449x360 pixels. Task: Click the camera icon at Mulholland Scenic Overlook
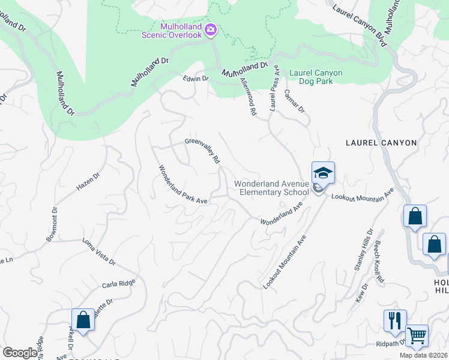pyautogui.click(x=211, y=29)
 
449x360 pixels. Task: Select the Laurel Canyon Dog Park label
pyautogui.click(x=316, y=77)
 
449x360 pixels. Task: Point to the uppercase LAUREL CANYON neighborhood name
pyautogui.click(x=381, y=143)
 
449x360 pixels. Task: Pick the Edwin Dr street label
pyautogui.click(x=196, y=79)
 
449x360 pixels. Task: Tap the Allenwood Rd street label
pyautogui.click(x=248, y=95)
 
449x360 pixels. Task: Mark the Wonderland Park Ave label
pyautogui.click(x=182, y=185)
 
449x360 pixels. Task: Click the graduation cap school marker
pyautogui.click(x=322, y=173)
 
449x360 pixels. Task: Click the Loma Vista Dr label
pyautogui.click(x=98, y=252)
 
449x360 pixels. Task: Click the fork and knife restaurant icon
pyautogui.click(x=394, y=321)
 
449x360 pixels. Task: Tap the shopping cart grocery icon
pyautogui.click(x=416, y=335)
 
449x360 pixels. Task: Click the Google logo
pyautogui.click(x=20, y=353)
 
